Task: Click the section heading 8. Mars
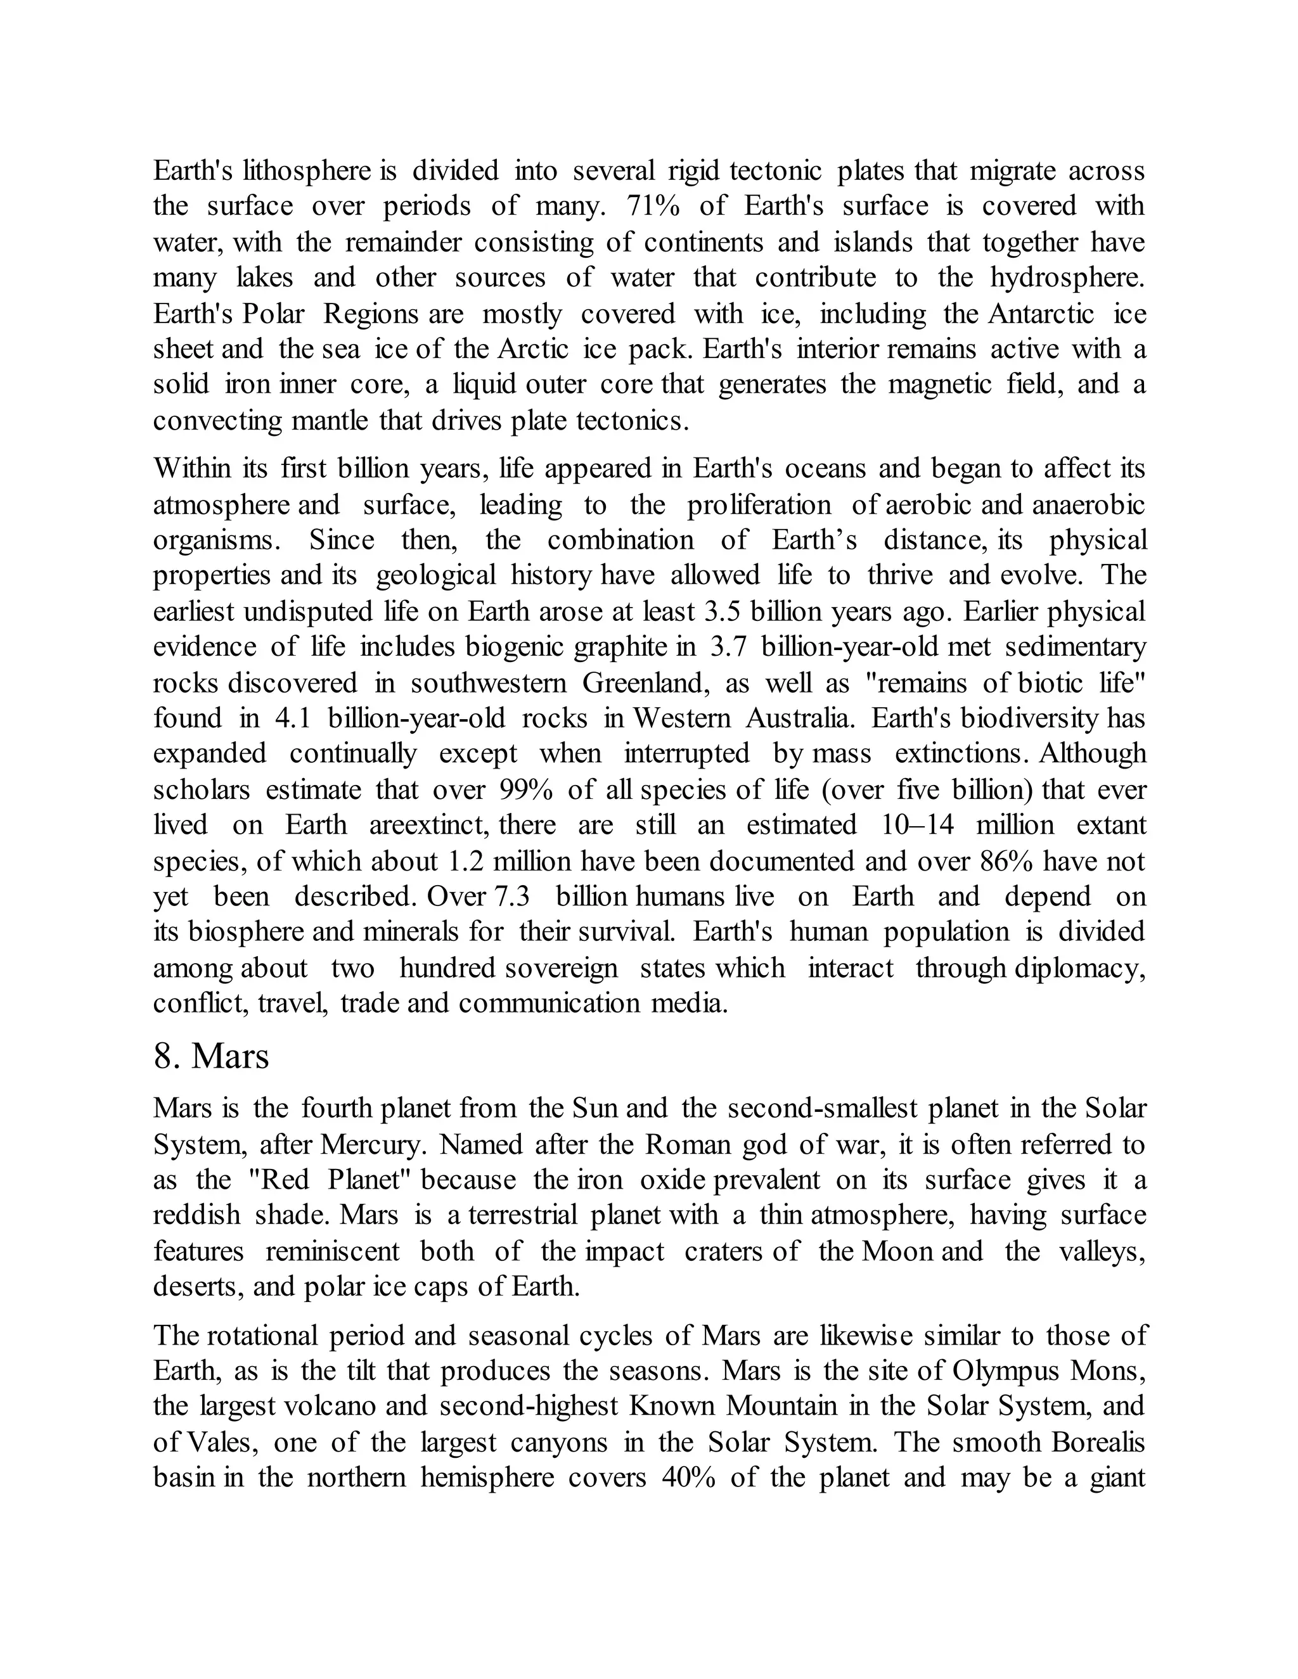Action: [x=212, y=1056]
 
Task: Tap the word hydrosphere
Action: [x=1067, y=278]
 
